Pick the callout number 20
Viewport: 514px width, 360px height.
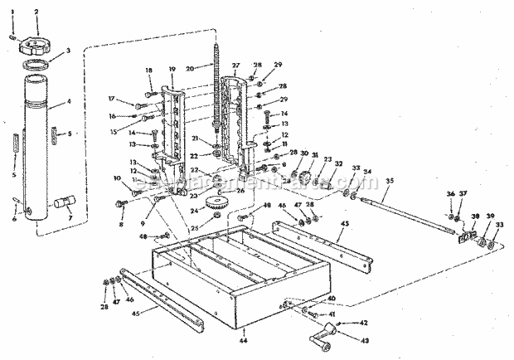(190, 68)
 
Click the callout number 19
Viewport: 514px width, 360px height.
(172, 71)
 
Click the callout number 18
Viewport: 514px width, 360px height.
(149, 71)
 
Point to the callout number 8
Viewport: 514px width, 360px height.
(123, 223)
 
